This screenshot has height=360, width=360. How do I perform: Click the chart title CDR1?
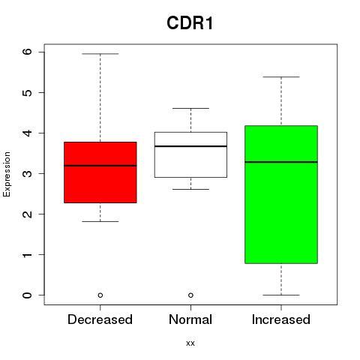190,23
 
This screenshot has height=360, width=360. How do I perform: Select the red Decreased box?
100,172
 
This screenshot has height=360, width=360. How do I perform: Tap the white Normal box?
190,154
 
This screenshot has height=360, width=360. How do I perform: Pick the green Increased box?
281,194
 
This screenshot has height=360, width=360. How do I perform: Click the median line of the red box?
100,166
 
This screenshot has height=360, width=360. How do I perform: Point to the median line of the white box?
190,146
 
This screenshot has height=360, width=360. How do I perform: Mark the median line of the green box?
281,162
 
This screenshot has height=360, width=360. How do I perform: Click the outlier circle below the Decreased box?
100,295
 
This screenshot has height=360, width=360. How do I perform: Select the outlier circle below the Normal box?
190,295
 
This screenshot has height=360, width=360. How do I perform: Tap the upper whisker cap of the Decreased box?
100,54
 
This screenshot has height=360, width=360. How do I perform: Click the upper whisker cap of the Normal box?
190,108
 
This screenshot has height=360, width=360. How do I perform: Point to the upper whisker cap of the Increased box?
281,77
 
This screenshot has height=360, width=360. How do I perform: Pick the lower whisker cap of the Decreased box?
100,221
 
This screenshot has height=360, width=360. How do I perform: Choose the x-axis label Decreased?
100,319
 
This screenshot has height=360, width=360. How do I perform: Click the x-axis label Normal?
190,319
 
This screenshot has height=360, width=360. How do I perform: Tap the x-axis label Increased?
281,319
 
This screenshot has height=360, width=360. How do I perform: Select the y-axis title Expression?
7,174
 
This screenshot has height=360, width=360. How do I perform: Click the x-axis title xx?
190,343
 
